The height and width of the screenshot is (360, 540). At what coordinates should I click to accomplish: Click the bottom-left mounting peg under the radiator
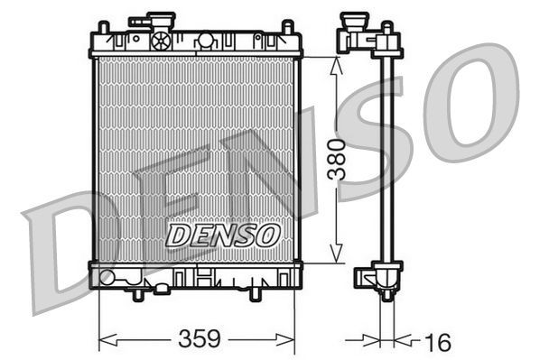pyautogui.click(x=138, y=294)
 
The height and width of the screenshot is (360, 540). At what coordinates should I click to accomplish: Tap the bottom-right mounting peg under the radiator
pyautogui.click(x=256, y=294)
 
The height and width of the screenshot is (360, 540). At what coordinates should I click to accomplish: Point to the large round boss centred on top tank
pyautogui.click(x=206, y=41)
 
